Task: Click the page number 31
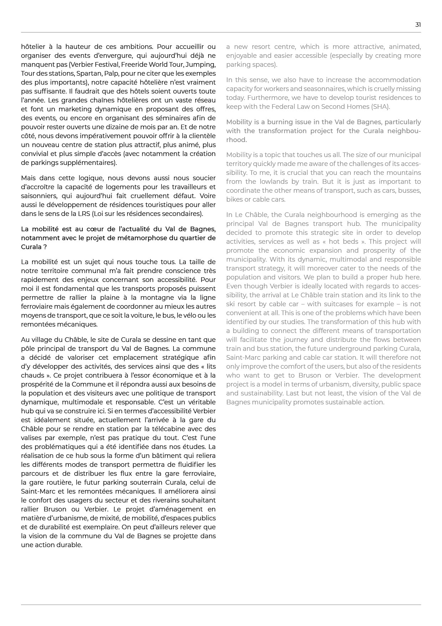point(418,25)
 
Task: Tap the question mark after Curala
point(45,247)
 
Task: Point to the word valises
point(31,438)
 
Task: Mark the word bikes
point(234,200)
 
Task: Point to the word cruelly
point(376,89)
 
